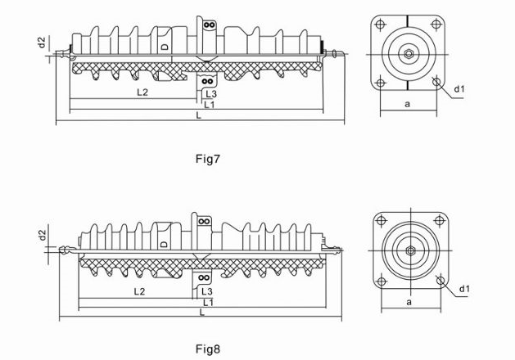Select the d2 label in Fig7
click(x=43, y=42)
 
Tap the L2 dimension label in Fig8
click(x=141, y=291)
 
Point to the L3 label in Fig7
click(x=211, y=95)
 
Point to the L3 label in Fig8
click(x=208, y=291)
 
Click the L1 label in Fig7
click(x=210, y=105)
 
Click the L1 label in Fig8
click(x=208, y=302)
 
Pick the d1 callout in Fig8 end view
click(x=463, y=289)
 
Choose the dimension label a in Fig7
click(x=407, y=104)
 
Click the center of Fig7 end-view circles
click(x=408, y=55)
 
